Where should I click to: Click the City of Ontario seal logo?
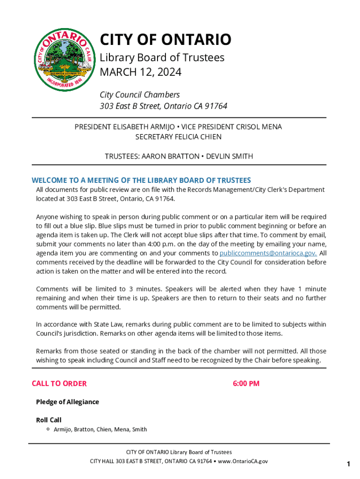(63, 59)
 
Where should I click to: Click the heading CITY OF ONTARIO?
(166, 40)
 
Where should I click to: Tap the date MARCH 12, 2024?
(140, 73)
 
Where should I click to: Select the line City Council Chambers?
(139, 94)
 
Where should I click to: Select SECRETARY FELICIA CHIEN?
(178, 137)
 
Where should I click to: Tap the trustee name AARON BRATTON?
(169, 156)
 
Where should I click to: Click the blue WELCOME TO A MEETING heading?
(141, 180)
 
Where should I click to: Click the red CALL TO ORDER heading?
(59, 384)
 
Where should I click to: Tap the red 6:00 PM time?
(246, 384)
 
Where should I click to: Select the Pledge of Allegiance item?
(67, 402)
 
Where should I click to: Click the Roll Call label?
(49, 420)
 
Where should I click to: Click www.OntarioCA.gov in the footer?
(243, 461)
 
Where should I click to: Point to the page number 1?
(348, 464)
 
